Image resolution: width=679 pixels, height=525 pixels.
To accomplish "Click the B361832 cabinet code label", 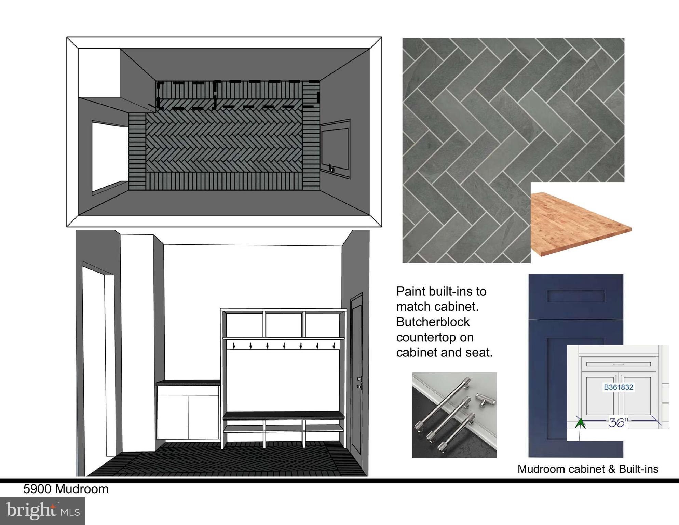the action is click(x=619, y=387).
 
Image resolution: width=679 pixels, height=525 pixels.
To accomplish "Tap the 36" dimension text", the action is click(x=618, y=423).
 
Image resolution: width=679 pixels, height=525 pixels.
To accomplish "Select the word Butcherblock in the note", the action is click(x=433, y=322).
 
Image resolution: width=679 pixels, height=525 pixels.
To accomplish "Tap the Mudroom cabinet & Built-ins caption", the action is click(x=588, y=469).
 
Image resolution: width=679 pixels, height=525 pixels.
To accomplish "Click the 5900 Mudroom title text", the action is click(x=66, y=489).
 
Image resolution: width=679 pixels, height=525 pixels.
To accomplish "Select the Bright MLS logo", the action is click(x=43, y=511).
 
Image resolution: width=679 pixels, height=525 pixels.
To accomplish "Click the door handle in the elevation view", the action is click(x=359, y=383).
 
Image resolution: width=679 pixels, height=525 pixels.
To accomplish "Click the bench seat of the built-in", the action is click(x=283, y=416).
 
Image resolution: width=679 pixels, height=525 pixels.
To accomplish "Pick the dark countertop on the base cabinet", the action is click(x=188, y=382).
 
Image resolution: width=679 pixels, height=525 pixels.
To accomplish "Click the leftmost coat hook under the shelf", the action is click(x=234, y=346).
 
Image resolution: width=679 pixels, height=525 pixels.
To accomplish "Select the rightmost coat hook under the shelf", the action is click(x=334, y=346).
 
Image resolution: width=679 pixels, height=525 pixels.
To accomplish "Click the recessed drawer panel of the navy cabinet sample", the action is click(x=576, y=296).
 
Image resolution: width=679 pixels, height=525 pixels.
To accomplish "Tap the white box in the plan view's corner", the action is click(x=99, y=73).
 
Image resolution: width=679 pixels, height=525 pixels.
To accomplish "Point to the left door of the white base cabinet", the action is click(x=173, y=417).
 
